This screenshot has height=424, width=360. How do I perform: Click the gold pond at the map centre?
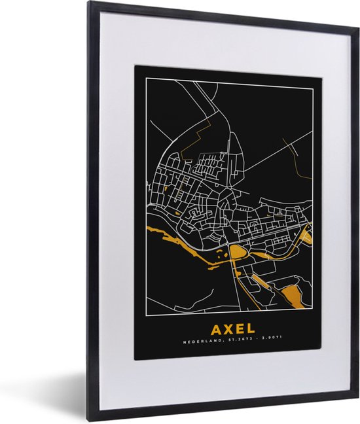click(237, 252)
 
